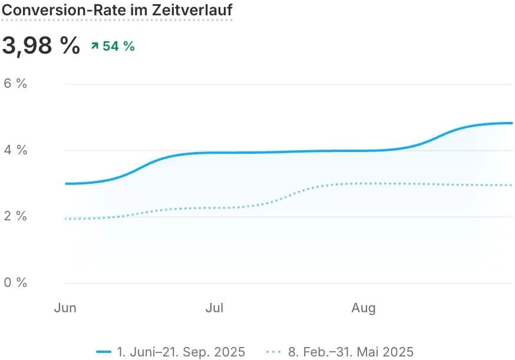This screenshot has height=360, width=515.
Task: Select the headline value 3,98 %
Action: point(41,45)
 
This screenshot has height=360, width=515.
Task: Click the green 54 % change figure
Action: point(118,46)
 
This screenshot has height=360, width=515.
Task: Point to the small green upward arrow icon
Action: point(94,46)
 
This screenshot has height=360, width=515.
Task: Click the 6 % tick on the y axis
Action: point(15,84)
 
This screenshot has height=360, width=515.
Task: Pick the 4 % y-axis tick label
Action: point(15,150)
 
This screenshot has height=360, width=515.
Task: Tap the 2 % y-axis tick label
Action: point(15,216)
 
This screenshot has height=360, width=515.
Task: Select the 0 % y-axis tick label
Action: point(15,283)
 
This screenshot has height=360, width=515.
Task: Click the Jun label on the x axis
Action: point(65,308)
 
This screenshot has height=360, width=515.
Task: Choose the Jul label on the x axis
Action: point(214,308)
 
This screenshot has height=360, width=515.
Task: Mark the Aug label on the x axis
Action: point(364,308)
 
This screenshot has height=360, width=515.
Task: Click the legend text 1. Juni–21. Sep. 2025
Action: point(181,352)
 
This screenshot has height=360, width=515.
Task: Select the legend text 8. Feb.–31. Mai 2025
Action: point(351,352)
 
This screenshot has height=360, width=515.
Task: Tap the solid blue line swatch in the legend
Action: point(104,352)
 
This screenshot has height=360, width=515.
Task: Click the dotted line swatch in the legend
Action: point(274,352)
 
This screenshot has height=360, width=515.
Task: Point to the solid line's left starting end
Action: point(65,184)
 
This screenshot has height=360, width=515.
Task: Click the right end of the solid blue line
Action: point(511,123)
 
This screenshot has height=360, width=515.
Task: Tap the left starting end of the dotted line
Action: point(65,219)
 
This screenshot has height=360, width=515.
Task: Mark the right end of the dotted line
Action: point(511,185)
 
